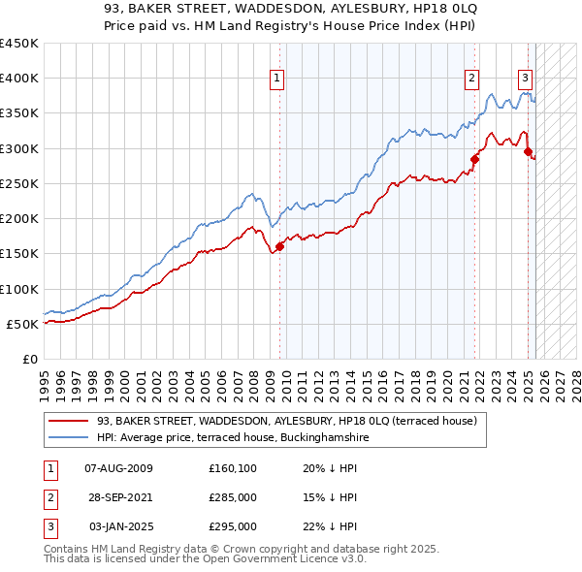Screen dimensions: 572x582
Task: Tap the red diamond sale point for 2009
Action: (x=279, y=246)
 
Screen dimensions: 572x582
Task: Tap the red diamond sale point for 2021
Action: (x=475, y=159)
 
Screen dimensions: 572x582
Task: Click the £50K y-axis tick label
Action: (x=22, y=324)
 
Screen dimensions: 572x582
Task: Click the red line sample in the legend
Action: (x=68, y=422)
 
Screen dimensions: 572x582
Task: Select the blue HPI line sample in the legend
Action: (x=68, y=437)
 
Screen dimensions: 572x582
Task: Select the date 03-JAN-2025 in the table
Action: (x=119, y=526)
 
